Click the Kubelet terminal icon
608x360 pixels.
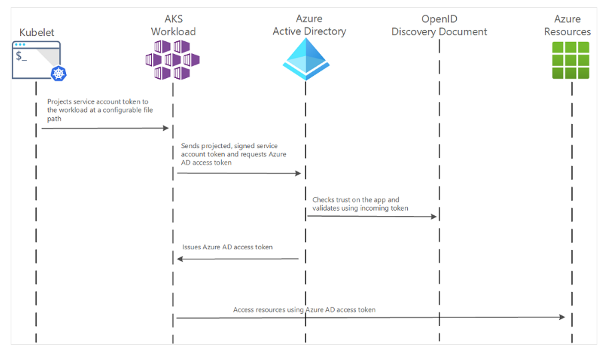[36, 59]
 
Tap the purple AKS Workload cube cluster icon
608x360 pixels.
[173, 59]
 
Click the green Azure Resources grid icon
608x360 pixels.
[571, 60]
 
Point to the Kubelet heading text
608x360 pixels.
[36, 31]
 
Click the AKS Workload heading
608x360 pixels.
[173, 25]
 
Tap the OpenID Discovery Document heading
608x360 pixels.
[439, 25]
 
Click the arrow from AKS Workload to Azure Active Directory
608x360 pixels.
[239, 173]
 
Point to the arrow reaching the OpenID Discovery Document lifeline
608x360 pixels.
[372, 216]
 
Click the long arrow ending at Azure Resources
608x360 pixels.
[370, 317]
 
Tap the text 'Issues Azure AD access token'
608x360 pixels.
[227, 247]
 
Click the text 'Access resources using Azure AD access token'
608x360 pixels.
[304, 309]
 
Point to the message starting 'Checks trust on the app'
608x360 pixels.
[355, 204]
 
